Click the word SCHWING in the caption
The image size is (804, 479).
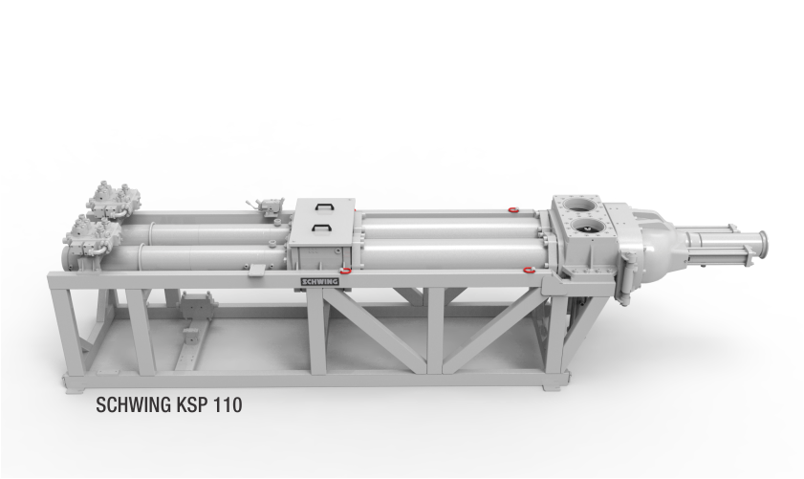[133, 405]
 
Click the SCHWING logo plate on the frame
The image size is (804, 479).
[319, 281]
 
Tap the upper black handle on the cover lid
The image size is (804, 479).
[324, 207]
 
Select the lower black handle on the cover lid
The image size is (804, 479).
[321, 228]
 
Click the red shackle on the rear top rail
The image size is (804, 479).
[511, 209]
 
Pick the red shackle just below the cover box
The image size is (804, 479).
[346, 271]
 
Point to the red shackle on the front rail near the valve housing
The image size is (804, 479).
[528, 269]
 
